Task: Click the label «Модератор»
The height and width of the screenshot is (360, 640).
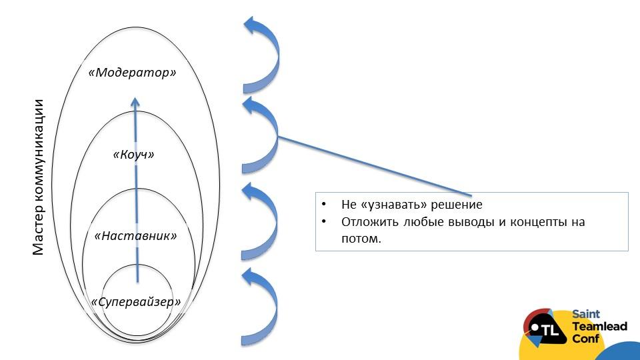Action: (x=133, y=72)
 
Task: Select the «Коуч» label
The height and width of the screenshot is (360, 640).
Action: (x=133, y=155)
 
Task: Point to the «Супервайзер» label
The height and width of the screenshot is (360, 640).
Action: (x=137, y=302)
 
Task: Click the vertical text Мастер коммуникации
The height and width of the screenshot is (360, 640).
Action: (x=38, y=177)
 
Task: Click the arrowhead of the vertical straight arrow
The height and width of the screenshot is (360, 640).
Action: (x=135, y=101)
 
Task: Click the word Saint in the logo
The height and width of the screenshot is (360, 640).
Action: (x=586, y=314)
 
